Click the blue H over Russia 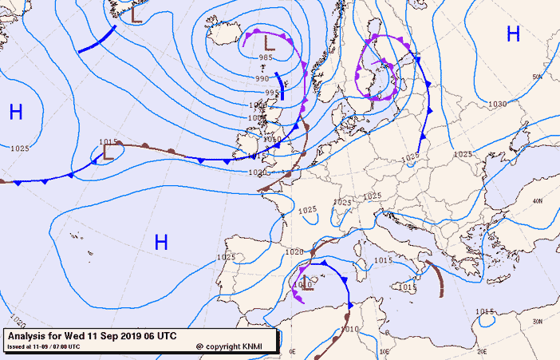513,34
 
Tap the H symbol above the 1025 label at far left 16,113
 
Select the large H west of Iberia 161,242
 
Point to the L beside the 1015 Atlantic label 108,153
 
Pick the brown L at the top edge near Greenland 136,14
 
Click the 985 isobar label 266,57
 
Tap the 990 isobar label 262,78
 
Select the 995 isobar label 271,93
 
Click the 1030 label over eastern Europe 497,104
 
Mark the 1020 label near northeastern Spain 294,251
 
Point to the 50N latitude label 537,77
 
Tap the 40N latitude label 537,200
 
